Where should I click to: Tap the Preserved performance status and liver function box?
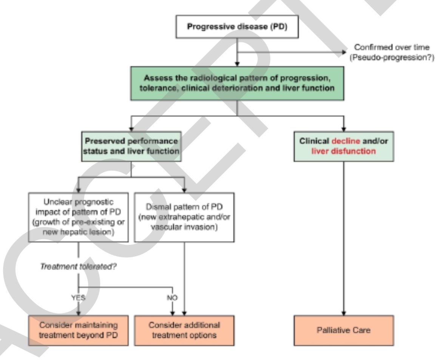pyautogui.click(x=131, y=146)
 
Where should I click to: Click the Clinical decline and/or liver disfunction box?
pyautogui.click(x=343, y=146)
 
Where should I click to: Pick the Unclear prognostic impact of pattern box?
pyautogui.click(x=78, y=217)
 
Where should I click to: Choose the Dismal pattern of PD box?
pyautogui.click(x=184, y=217)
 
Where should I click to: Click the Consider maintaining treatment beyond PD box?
pyautogui.click(x=78, y=330)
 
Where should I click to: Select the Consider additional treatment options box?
pyautogui.click(x=184, y=330)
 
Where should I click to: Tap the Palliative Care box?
pyautogui.click(x=343, y=330)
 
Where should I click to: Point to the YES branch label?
pyautogui.click(x=78, y=297)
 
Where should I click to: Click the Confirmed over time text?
pyautogui.click(x=391, y=48)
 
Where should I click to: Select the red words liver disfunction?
pyautogui.click(x=343, y=151)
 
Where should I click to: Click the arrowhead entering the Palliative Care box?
pyautogui.click(x=343, y=312)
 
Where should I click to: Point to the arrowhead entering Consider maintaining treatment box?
pyautogui.click(x=78, y=312)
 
